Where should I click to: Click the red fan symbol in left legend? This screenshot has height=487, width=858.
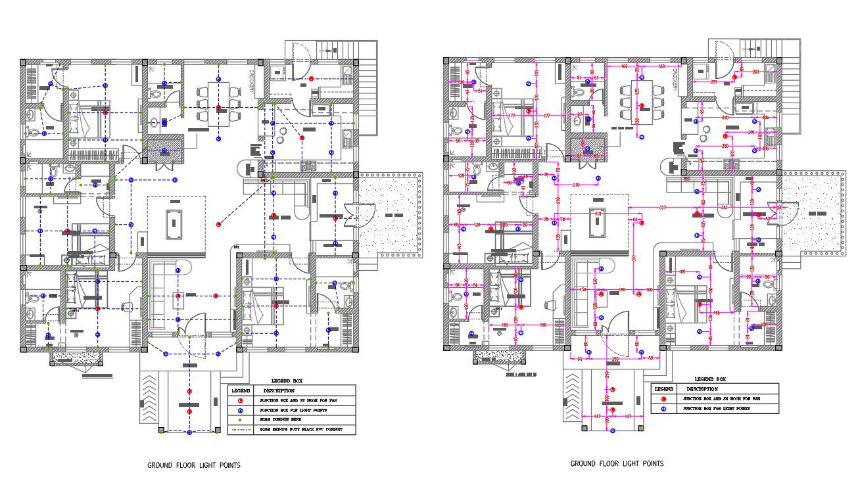click(241, 400)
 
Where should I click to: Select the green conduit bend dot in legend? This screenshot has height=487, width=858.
click(241, 419)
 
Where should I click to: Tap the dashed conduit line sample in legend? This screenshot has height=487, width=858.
click(241, 430)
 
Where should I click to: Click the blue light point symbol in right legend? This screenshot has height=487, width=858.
click(664, 409)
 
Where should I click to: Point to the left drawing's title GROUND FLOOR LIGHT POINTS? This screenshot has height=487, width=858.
click(193, 465)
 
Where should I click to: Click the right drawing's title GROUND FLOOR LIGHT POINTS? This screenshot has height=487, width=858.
click(617, 463)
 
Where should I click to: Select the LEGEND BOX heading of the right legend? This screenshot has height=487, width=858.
click(710, 379)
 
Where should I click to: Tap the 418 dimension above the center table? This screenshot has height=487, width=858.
click(598, 214)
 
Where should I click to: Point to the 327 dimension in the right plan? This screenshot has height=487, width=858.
click(662, 208)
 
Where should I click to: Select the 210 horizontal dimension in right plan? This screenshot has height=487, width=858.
click(576, 185)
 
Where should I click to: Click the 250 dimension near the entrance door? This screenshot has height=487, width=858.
click(615, 359)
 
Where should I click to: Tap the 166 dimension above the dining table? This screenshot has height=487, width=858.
click(625, 67)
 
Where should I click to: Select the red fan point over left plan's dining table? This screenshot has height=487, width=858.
click(218, 107)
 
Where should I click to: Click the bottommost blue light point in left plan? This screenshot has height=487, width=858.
click(189, 432)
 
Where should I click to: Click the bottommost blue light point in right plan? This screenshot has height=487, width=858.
click(612, 430)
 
